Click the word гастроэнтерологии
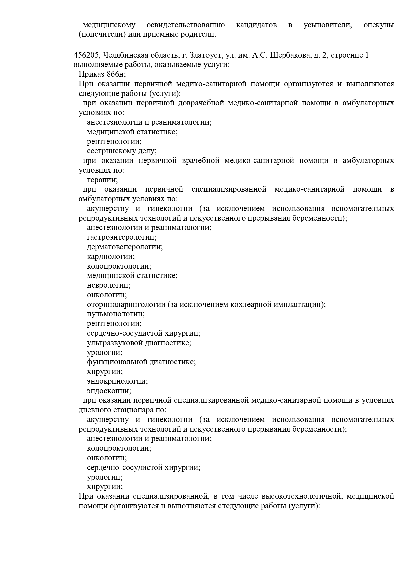[x=121, y=237]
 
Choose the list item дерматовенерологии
[x=124, y=247]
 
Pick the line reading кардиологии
[x=111, y=257]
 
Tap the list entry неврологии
[x=108, y=285]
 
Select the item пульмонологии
[x=115, y=314]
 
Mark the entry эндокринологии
[x=117, y=381]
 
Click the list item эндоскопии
[x=109, y=391]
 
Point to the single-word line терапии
[x=102, y=180]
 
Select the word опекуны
[x=379, y=25]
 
